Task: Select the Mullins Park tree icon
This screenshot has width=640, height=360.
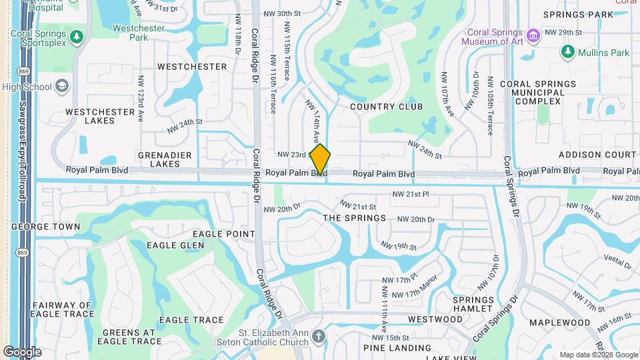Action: click(x=568, y=52)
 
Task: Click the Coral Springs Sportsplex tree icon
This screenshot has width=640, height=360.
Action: click(x=77, y=35)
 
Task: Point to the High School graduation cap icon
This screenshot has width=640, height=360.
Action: click(x=62, y=87)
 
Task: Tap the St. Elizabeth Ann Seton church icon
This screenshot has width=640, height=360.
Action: click(x=319, y=335)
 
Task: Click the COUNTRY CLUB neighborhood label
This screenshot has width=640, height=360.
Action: click(x=386, y=107)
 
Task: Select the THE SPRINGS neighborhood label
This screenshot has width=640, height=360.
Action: click(x=354, y=218)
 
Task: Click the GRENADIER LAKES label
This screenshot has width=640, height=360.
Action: click(x=160, y=159)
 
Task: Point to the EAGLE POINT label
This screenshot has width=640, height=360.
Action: click(x=224, y=234)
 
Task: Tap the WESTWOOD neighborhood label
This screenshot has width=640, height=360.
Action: click(x=435, y=319)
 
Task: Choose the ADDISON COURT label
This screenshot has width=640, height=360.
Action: click(x=597, y=154)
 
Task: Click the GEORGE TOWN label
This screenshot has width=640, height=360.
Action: click(x=46, y=227)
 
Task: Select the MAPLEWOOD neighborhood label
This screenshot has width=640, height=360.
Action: click(x=559, y=323)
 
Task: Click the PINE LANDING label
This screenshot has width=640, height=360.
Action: click(x=397, y=348)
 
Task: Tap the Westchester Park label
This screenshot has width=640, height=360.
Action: click(x=139, y=33)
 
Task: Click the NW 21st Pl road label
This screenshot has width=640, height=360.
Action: click(x=411, y=194)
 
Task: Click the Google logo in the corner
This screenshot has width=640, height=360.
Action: click(x=22, y=351)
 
